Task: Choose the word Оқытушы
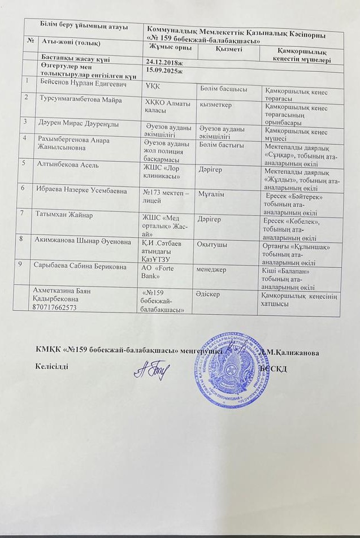(212, 244)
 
